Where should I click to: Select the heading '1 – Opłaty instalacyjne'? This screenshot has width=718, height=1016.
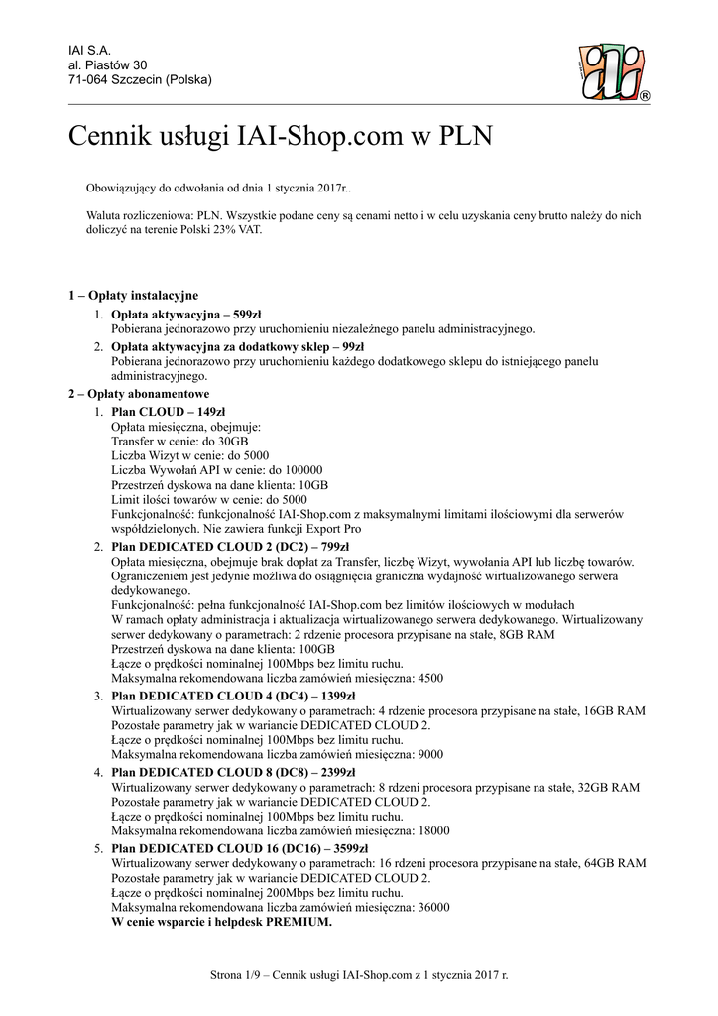click(133, 295)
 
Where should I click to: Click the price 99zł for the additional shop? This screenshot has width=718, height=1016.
click(350, 346)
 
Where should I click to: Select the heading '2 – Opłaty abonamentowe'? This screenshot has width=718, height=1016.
click(138, 394)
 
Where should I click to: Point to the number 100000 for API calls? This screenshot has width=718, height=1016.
click(301, 470)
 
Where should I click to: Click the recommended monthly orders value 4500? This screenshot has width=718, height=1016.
click(428, 678)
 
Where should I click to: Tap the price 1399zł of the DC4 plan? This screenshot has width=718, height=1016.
click(338, 696)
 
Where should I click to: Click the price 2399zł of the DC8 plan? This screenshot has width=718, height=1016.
click(338, 772)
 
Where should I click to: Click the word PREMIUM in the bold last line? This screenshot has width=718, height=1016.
click(295, 921)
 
